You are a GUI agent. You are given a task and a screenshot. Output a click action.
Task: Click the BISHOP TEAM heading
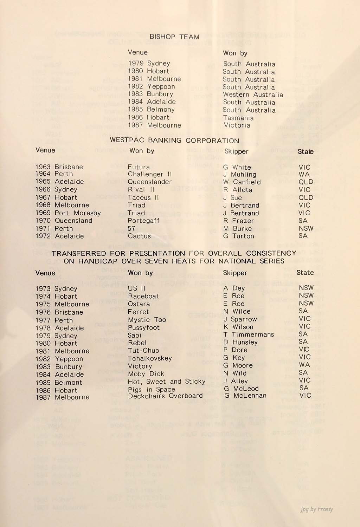[174, 37]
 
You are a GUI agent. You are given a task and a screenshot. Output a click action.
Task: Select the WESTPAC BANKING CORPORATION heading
[174, 141]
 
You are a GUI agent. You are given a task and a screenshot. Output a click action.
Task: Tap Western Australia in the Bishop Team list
[253, 95]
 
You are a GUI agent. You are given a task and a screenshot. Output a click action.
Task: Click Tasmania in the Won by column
[238, 118]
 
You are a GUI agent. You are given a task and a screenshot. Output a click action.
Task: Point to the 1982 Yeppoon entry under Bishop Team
[152, 86]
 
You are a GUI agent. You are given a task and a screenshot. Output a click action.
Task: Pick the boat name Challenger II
[150, 174]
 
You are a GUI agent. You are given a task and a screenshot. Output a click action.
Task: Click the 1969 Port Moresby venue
[68, 213]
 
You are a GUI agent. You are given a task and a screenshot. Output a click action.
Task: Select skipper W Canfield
[242, 182]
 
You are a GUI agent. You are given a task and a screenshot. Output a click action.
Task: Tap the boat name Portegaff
[143, 221]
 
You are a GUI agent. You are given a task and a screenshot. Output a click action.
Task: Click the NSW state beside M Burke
[306, 228]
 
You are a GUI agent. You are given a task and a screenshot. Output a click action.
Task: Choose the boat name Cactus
[139, 236]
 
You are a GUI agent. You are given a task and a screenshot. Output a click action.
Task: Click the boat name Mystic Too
[147, 320]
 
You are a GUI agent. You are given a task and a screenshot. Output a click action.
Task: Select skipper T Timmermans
[249, 334]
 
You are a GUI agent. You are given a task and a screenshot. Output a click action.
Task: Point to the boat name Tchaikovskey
[150, 358]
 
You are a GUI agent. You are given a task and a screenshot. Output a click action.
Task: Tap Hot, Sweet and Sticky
[167, 382]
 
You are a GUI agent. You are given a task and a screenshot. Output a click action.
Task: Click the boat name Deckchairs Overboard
[165, 396]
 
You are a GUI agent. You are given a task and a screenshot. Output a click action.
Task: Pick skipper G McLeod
[241, 389]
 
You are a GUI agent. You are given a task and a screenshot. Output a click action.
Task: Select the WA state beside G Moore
[304, 365]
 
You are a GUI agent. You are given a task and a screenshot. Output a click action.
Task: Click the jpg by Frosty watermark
[317, 509]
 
